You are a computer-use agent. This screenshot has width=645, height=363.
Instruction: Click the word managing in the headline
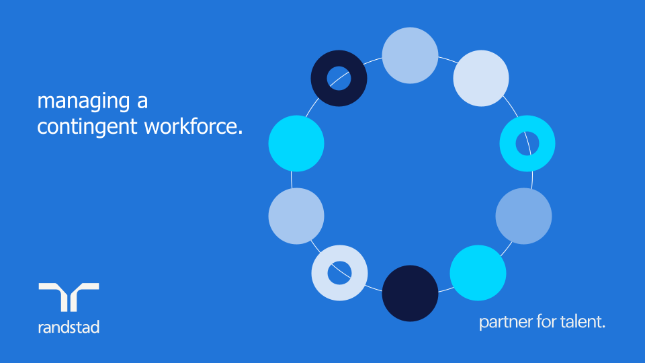tap(74, 102)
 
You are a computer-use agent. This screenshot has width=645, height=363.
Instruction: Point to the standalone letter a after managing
tap(142, 102)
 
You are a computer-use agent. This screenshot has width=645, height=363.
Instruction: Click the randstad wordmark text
tap(69, 327)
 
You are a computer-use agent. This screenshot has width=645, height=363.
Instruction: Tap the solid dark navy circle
tap(410, 294)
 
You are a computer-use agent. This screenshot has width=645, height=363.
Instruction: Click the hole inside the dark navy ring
tap(339, 78)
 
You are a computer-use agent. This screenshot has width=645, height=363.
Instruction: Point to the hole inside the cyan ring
tap(527, 143)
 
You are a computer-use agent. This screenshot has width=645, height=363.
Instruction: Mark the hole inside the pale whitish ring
tap(339, 273)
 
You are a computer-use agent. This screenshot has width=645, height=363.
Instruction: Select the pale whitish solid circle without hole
tap(481, 78)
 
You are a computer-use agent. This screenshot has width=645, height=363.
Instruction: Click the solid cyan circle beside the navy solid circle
tap(478, 273)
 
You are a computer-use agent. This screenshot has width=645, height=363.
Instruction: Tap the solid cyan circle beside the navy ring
tap(296, 143)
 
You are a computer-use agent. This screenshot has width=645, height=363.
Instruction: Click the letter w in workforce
tap(153, 126)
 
